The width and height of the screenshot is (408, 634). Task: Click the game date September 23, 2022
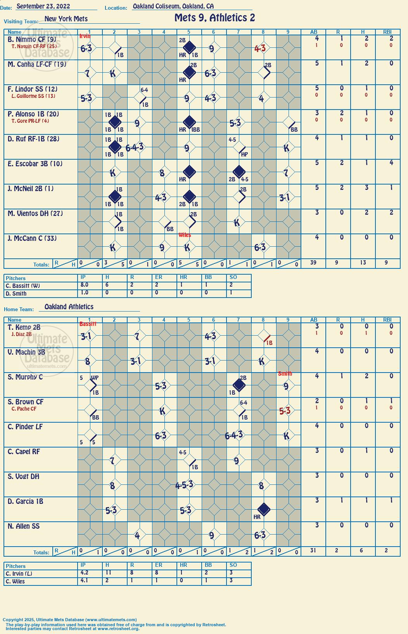(43, 6)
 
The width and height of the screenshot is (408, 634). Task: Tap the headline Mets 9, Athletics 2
(214, 18)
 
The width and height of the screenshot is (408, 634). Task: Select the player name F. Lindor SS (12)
(33, 89)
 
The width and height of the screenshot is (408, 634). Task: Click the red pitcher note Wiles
(185, 235)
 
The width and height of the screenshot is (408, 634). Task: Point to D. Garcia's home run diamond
(263, 510)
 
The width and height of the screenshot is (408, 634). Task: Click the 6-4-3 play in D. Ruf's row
(135, 147)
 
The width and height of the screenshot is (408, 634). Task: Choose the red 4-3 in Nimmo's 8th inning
(260, 49)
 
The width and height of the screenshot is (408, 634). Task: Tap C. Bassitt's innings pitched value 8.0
(85, 285)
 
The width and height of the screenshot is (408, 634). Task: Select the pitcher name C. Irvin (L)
(19, 574)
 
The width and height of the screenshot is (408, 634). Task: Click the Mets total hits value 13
(363, 263)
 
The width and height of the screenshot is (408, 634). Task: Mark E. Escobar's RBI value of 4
(391, 163)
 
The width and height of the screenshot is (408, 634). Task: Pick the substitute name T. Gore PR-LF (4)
(30, 121)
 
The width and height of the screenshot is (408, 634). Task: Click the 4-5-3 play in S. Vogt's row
(184, 484)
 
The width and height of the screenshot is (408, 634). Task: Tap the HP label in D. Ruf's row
(244, 155)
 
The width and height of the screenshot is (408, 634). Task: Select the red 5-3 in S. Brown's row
(285, 411)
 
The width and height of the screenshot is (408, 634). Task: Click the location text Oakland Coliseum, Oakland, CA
(173, 6)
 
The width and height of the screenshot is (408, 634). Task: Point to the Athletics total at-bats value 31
(313, 550)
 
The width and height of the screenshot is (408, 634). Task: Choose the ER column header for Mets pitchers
(159, 277)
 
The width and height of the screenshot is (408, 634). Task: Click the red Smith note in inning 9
(285, 374)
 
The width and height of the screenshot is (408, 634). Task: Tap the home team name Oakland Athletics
(69, 307)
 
